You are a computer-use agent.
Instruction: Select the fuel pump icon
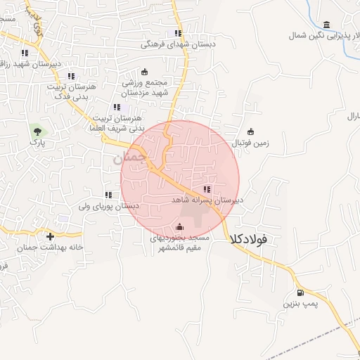click(x=301, y=292)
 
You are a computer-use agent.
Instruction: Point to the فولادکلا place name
click(x=248, y=240)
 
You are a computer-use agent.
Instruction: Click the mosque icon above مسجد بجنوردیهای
click(x=179, y=226)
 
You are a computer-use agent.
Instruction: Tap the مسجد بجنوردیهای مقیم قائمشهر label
click(x=179, y=243)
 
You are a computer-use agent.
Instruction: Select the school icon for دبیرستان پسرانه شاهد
click(x=206, y=189)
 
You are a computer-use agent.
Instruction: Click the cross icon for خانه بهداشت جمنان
click(x=50, y=236)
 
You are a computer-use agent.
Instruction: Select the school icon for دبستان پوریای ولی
click(x=108, y=195)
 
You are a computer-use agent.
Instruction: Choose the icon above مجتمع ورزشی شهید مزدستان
click(x=146, y=71)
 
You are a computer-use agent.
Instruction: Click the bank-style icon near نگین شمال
click(x=325, y=24)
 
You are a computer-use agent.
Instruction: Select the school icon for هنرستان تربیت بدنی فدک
click(x=70, y=76)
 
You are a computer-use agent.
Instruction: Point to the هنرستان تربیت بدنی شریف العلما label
click(x=117, y=124)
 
